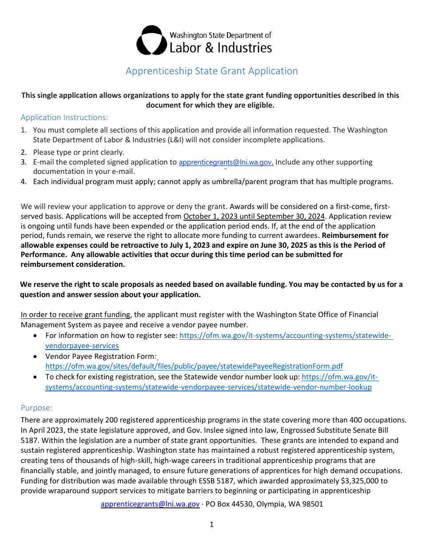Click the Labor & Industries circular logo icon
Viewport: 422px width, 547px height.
click(151, 40)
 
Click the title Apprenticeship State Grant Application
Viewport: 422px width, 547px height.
click(211, 71)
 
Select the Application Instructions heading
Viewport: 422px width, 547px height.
click(64, 117)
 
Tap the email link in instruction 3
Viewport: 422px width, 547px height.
click(226, 163)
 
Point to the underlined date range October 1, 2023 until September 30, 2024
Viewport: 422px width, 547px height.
click(254, 217)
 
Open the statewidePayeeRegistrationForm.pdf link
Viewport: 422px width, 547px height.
click(194, 366)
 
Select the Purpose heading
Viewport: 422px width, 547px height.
click(36, 408)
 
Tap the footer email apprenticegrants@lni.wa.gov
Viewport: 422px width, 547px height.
click(150, 504)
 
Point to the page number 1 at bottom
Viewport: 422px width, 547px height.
click(211, 525)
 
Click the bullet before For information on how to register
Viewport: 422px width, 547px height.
click(36, 336)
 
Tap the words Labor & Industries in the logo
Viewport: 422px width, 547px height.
click(221, 48)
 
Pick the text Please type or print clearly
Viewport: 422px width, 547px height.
click(79, 153)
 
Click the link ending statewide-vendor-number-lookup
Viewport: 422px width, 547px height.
click(208, 387)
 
